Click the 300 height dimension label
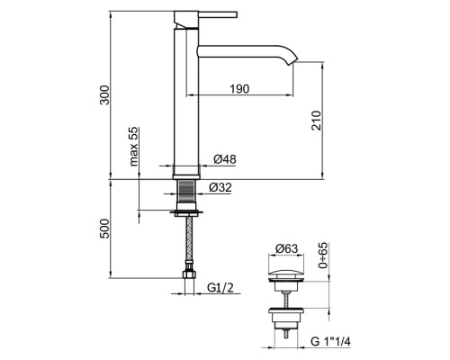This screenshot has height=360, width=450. coord(104,94)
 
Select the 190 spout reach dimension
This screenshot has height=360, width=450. coord(239,89)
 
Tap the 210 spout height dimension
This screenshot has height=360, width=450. coord(316,121)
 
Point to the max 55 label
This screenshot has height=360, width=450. coord(134,147)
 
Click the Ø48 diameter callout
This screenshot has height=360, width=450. coord(225,159)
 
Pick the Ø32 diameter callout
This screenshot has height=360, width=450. coord(220,187)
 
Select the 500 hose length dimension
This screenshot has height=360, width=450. coord(104,229)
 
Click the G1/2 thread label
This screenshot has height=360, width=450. coord(220,288)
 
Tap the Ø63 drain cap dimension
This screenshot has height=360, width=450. coord(287,248)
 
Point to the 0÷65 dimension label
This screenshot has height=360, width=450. coord(323,256)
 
